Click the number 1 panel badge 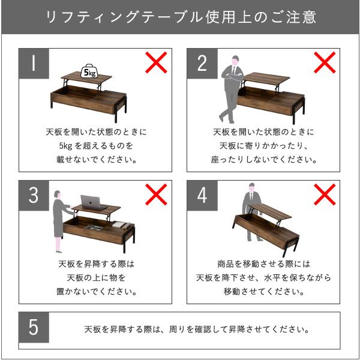34,64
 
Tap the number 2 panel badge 202,64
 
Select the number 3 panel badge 34,196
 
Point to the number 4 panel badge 202,196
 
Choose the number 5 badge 34,327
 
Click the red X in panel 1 156,62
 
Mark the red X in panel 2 325,62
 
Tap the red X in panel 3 156,194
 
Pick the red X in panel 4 325,194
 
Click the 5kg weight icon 89,71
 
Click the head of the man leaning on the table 235,61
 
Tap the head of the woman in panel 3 57,195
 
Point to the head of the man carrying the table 252,188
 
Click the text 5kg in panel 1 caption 65,146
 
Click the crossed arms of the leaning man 232,76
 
